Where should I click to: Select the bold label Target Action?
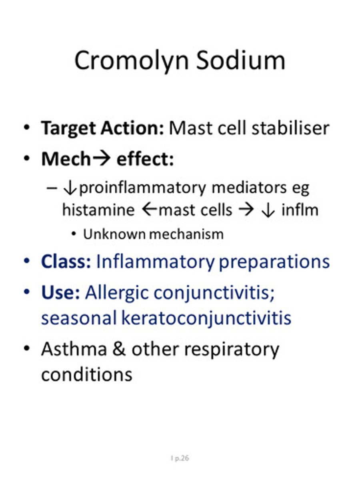102,128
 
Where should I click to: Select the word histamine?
98,210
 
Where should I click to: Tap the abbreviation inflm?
300,210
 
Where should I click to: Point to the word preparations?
274,262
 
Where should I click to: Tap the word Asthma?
74,349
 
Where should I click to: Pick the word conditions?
87,374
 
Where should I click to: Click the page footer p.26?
181,458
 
